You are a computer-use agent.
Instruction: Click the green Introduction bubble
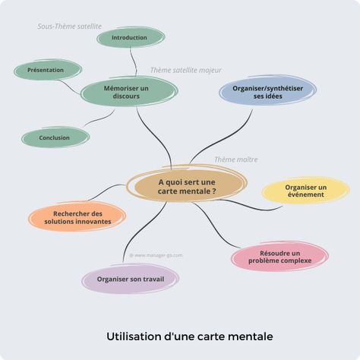(x=131, y=37)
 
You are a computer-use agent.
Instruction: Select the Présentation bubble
(x=48, y=70)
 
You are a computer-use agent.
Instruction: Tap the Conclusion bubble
(x=55, y=137)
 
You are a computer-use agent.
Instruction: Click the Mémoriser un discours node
(x=129, y=92)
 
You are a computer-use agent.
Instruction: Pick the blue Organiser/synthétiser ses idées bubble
(x=267, y=90)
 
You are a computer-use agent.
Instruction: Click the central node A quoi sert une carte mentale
(x=187, y=186)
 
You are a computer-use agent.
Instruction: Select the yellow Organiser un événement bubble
(x=306, y=191)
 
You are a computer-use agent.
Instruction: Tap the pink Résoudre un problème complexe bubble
(x=279, y=256)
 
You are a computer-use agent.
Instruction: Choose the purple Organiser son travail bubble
(x=131, y=279)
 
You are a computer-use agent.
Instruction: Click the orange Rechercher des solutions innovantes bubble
(x=77, y=217)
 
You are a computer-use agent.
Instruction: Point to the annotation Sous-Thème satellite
(x=70, y=27)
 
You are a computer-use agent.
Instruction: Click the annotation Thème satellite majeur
(x=186, y=70)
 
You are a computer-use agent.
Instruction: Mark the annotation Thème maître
(x=236, y=159)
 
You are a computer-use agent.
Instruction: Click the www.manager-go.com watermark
(x=156, y=255)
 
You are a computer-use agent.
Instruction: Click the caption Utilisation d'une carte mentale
(x=190, y=336)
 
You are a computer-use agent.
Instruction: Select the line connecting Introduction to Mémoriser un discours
(x=134, y=62)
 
